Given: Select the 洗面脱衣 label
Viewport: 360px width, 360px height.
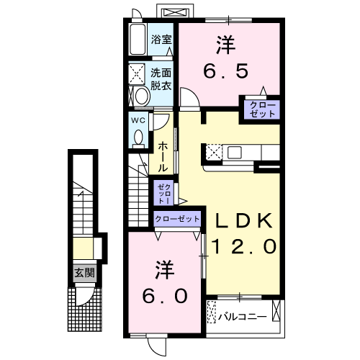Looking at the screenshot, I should click(161, 79).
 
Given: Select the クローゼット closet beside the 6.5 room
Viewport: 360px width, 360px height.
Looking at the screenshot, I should click(261, 109).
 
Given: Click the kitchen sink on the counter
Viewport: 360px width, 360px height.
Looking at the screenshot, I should click(235, 152).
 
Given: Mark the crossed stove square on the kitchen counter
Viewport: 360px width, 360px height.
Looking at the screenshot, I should click(215, 152).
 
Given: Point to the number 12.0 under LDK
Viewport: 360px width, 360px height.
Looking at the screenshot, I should click(242, 247).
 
